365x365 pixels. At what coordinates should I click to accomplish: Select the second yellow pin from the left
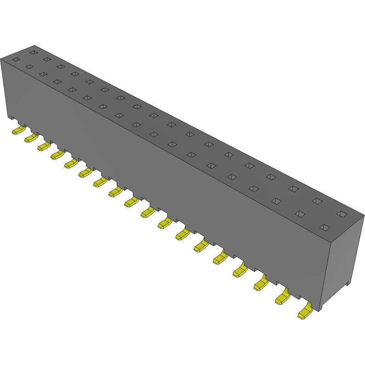(x=31, y=138)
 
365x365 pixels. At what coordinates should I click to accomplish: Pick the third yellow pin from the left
(x=44, y=146)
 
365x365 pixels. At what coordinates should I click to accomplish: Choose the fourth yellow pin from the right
(x=240, y=271)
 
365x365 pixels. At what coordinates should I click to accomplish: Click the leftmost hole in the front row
(x=16, y=59)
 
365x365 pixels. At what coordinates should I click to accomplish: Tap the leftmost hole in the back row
(x=33, y=52)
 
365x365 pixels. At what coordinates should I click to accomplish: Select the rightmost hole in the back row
(x=342, y=214)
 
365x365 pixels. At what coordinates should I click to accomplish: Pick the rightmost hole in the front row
(x=325, y=227)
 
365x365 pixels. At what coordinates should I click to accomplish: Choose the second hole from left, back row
(x=46, y=59)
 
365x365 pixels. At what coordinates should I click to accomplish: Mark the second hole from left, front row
(x=30, y=67)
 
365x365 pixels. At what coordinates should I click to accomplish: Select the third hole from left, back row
(x=60, y=66)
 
